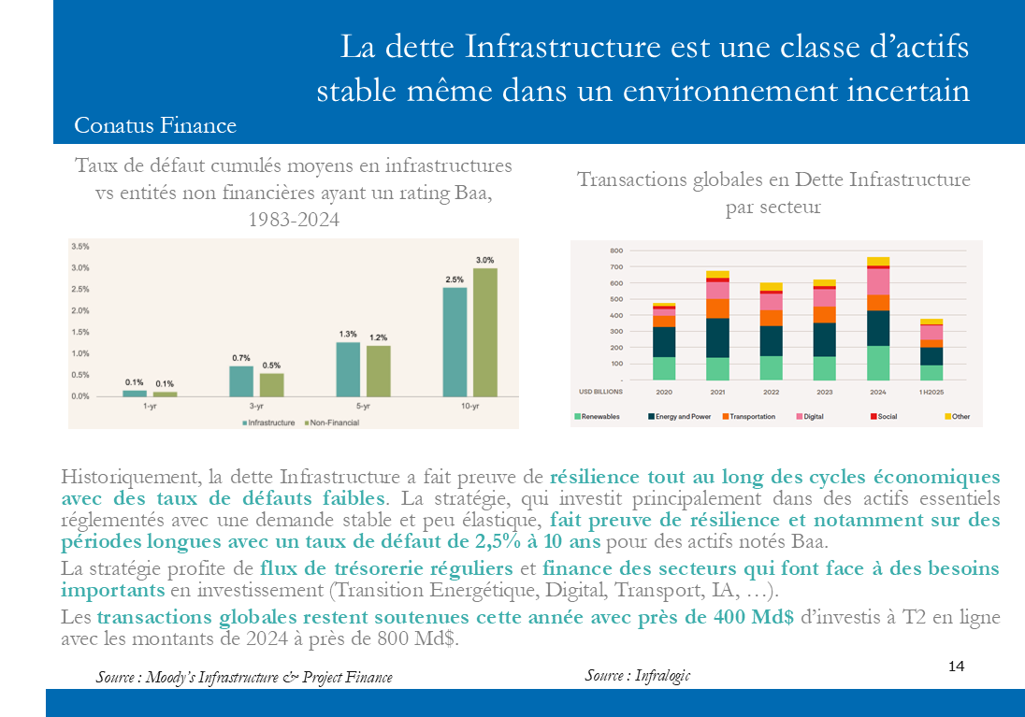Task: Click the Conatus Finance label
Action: (155, 126)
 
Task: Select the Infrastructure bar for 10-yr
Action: (455, 341)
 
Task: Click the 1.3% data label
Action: (347, 334)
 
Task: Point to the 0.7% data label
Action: (240, 357)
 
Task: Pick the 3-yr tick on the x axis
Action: (256, 408)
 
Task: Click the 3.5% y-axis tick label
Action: (79, 247)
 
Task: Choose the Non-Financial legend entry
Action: (332, 423)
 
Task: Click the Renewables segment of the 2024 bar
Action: (878, 363)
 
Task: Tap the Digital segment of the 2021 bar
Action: (718, 291)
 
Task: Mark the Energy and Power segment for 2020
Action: (664, 342)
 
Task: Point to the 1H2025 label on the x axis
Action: (931, 393)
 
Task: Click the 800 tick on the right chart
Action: (615, 251)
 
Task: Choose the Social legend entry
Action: (884, 416)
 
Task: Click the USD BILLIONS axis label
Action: (601, 393)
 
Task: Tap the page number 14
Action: (956, 667)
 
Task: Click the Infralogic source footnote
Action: (638, 675)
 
